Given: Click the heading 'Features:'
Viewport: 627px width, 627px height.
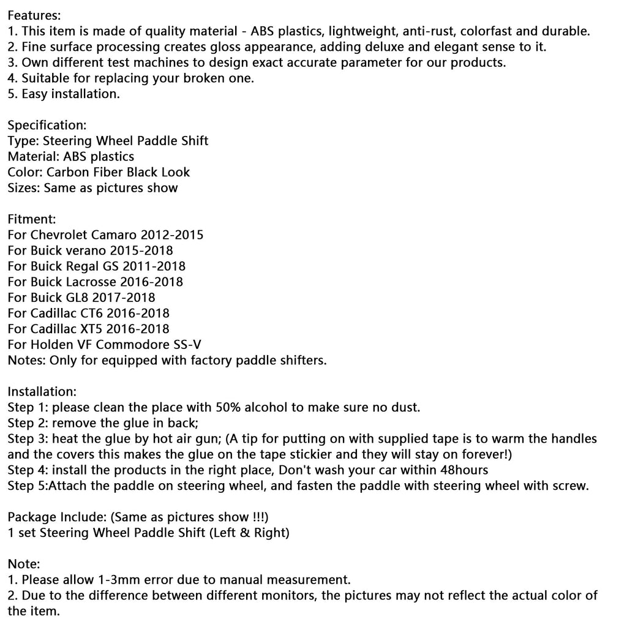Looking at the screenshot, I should [34, 15].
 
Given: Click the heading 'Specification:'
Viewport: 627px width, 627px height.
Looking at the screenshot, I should [47, 125].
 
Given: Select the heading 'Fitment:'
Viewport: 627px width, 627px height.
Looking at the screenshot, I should [32, 219].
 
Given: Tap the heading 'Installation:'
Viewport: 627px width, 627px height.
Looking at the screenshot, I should [42, 391].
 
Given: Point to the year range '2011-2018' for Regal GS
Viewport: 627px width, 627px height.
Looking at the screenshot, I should [154, 266].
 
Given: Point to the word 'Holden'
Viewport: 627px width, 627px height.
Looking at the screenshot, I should [48, 345].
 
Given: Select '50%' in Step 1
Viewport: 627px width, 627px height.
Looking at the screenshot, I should [227, 407].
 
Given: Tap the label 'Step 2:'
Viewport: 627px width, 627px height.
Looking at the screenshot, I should [28, 423].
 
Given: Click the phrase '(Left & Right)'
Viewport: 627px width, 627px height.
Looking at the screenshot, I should [249, 533].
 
